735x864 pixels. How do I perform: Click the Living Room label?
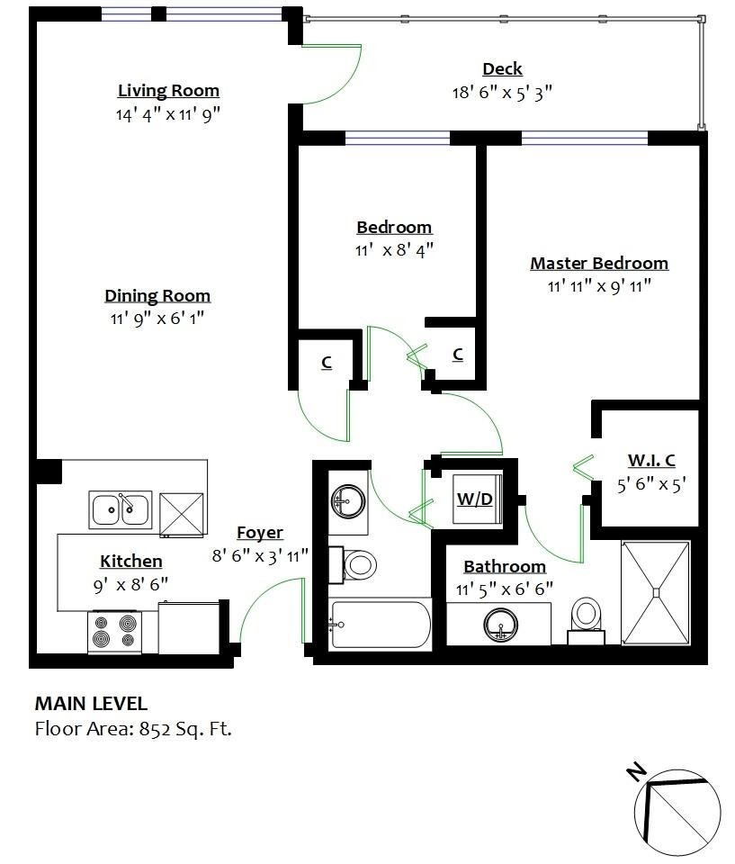168,91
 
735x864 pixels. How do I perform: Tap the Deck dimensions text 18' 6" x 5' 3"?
501,92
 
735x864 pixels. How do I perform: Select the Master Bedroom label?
598,264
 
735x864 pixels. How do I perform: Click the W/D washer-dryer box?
475,498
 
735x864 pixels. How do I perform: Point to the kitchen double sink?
120,510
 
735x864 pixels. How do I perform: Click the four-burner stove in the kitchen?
114,631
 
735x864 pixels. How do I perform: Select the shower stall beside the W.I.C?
656,593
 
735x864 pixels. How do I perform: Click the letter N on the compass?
636,771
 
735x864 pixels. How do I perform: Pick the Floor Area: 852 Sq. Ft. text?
133,729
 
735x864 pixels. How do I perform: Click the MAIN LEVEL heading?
91,704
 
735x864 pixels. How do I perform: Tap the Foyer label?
260,533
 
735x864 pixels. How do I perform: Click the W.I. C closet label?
651,461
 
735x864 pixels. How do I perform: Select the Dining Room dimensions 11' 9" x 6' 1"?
157,317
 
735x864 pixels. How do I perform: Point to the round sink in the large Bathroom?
499,625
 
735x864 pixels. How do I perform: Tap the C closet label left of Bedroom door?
327,363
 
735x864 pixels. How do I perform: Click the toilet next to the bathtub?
360,565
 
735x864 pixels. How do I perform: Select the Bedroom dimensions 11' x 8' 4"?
394,249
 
